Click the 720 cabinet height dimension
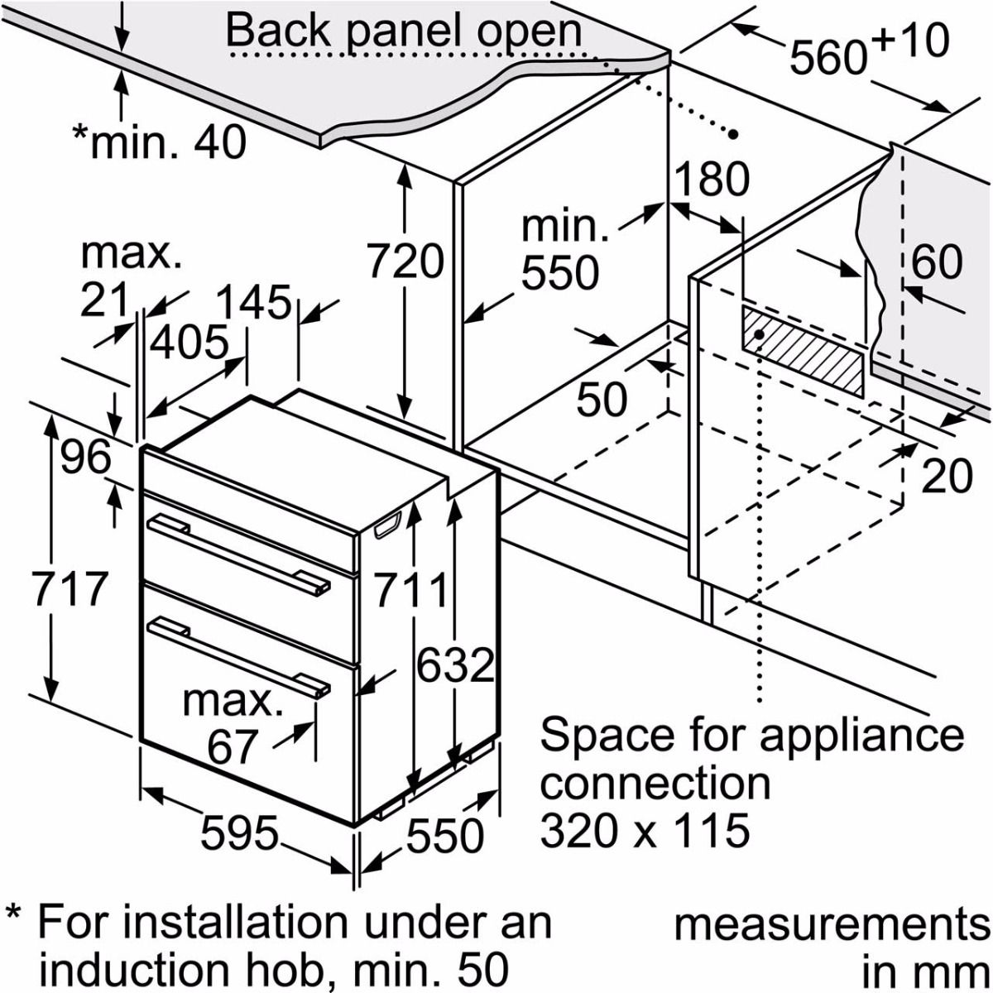pyautogui.click(x=405, y=262)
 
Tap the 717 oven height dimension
pyautogui.click(x=70, y=588)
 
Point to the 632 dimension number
pyautogui.click(x=455, y=664)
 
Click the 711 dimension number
pyautogui.click(x=411, y=590)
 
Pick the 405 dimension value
pyautogui.click(x=189, y=343)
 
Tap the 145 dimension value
pyautogui.click(x=255, y=302)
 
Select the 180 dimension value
pyautogui.click(x=712, y=179)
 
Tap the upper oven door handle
pyautogui.click(x=240, y=552)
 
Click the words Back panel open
pyautogui.click(x=404, y=31)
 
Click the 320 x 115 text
pyautogui.click(x=645, y=830)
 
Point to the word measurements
pyautogui.click(x=832, y=925)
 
